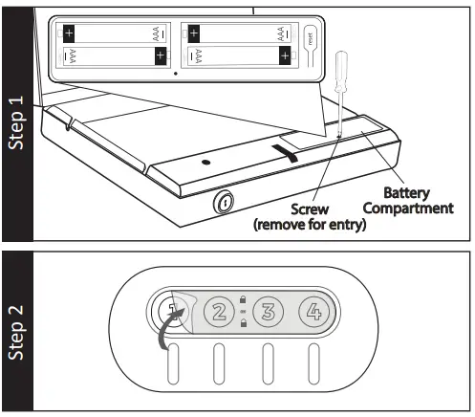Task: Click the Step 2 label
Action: pyautogui.click(x=16, y=332)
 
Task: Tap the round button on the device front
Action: pyautogui.click(x=223, y=202)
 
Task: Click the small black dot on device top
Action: pyautogui.click(x=205, y=164)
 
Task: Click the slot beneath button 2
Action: pyautogui.click(x=219, y=367)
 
